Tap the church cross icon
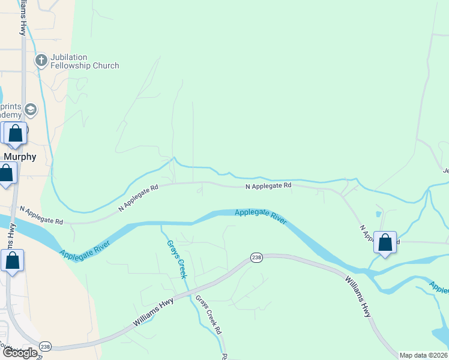pos(41,61)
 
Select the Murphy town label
pos(20,157)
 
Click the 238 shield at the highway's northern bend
pos(256,257)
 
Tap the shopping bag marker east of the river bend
pos(385,243)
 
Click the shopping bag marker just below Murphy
pos(6,174)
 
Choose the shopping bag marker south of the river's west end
pos(12,261)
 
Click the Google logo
pos(20,353)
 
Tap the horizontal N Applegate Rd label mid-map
pos(268,186)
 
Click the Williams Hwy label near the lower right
pos(358,295)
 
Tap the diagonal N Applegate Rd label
pos(138,197)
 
